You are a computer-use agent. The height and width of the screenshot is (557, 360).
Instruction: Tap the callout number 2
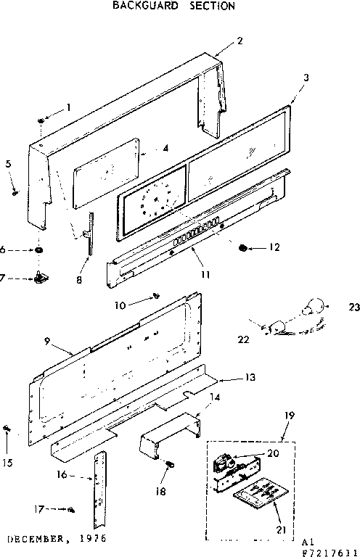click(240, 41)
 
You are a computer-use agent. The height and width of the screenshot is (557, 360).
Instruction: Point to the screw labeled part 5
click(15, 191)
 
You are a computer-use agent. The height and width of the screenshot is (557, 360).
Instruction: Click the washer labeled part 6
click(36, 250)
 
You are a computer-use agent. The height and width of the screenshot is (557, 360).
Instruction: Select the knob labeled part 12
click(242, 248)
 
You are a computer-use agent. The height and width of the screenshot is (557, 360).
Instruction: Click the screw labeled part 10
click(155, 295)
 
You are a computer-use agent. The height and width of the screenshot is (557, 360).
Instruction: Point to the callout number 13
click(249, 378)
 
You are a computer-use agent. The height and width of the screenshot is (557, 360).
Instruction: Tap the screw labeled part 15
click(7, 429)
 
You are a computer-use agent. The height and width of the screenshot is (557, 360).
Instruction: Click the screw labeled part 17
click(72, 511)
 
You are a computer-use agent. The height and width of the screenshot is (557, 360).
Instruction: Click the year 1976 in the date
click(94, 540)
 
